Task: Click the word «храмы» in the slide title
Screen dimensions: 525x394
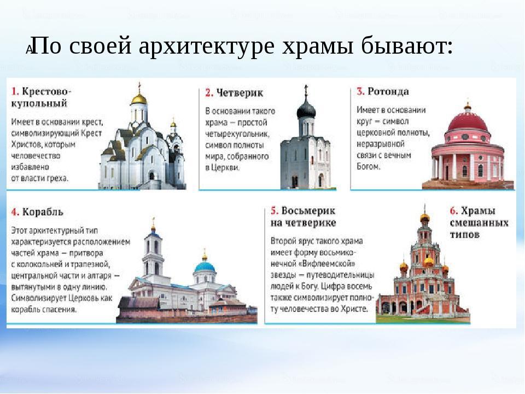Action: pos(317,46)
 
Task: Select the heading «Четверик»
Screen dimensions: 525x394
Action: pos(240,92)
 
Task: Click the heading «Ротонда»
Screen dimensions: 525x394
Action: pos(388,91)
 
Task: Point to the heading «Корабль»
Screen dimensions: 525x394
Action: pos(43,212)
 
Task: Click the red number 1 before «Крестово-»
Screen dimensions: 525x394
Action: pos(15,91)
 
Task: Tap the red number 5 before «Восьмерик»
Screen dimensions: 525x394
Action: pos(275,211)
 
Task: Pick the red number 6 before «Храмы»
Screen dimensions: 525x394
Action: pos(454,211)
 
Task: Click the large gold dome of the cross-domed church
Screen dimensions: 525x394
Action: pos(139,99)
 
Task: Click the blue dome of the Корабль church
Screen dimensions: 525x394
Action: pos(205,268)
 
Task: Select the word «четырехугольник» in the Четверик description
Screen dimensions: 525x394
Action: pos(237,135)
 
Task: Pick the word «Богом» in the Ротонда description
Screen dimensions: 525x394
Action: pos(368,166)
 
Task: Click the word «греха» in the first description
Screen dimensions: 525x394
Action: pos(59,178)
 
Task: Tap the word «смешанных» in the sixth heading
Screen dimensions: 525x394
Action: pos(479,223)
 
